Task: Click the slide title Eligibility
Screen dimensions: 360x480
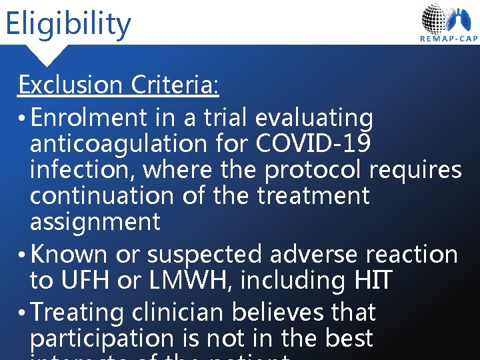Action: click(x=67, y=24)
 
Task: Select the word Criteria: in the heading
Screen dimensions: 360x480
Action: click(x=175, y=85)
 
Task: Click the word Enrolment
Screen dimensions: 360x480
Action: click(x=88, y=118)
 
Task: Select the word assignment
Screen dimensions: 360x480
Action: click(x=95, y=222)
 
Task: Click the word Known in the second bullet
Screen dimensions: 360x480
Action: click(x=69, y=255)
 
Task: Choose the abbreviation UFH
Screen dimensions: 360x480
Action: click(x=85, y=281)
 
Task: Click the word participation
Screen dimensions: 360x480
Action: click(x=105, y=339)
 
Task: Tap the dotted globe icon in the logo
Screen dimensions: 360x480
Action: click(x=436, y=17)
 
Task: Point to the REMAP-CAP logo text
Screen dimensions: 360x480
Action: click(x=449, y=39)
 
